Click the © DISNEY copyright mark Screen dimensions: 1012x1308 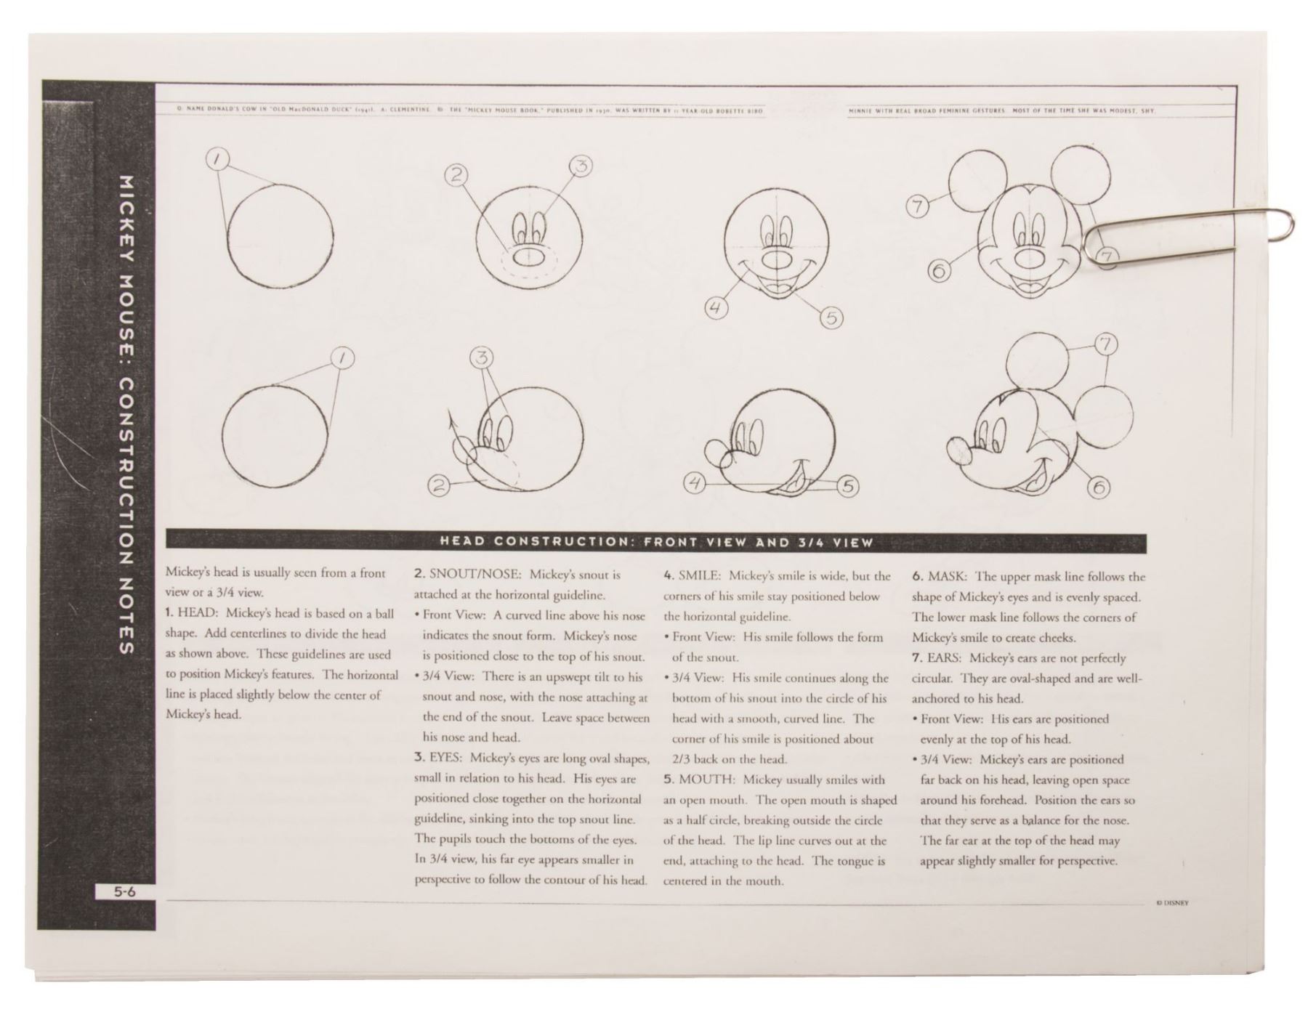[1172, 903]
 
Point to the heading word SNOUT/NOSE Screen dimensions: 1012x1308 [475, 575]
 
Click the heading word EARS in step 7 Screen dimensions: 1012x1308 [944, 658]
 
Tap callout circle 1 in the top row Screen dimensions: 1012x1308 [219, 158]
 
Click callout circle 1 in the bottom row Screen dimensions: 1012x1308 [342, 357]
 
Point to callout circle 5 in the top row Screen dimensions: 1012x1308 [832, 317]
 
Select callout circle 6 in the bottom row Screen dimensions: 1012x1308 [1097, 488]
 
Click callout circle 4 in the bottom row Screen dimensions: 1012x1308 [695, 483]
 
